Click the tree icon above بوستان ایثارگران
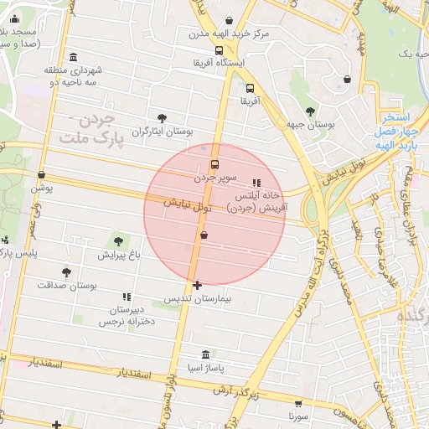point(162,118)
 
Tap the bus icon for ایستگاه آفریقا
point(220,50)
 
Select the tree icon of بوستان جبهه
point(310,110)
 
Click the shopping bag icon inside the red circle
point(204,235)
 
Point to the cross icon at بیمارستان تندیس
point(197,286)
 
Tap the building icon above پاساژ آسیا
point(206,354)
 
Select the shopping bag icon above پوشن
point(41,174)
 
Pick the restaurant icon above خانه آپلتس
point(256,182)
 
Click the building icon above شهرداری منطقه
point(75,57)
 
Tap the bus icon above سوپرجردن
point(215,164)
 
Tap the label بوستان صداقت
point(67,285)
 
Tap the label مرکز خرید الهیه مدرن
point(196,34)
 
